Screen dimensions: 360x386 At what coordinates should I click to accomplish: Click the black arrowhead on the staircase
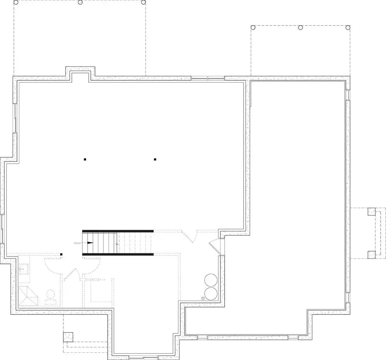pyautogui.click(x=91, y=243)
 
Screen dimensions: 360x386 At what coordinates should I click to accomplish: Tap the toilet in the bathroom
pyautogui.click(x=50, y=297)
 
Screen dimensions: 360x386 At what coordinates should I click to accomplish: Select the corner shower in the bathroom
pyautogui.click(x=28, y=295)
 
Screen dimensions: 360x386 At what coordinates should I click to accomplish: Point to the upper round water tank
pyautogui.click(x=211, y=280)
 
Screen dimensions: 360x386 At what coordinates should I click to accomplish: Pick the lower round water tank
pyautogui.click(x=211, y=293)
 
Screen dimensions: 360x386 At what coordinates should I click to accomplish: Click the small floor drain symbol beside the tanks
pyautogui.click(x=203, y=297)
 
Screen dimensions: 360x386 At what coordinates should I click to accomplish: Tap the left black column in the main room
pyautogui.click(x=85, y=159)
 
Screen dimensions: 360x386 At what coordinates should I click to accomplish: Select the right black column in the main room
pyautogui.click(x=155, y=159)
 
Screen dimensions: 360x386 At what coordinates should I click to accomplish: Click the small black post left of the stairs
pyautogui.click(x=61, y=254)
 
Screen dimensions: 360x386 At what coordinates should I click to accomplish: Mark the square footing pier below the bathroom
pyautogui.click(x=68, y=336)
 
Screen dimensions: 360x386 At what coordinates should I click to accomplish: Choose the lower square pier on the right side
pyautogui.click(x=371, y=254)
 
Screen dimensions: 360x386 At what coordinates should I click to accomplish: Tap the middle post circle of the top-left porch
pyautogui.click(x=80, y=2)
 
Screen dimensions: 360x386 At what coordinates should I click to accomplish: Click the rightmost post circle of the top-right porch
pyautogui.click(x=348, y=27)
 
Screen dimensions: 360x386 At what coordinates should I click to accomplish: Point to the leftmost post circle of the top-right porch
pyautogui.click(x=253, y=27)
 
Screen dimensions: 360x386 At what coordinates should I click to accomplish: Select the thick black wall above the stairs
pyautogui.click(x=118, y=231)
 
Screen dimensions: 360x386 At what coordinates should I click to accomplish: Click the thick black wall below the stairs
pyautogui.click(x=118, y=254)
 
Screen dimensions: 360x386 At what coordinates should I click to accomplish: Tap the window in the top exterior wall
pyautogui.click(x=208, y=78)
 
